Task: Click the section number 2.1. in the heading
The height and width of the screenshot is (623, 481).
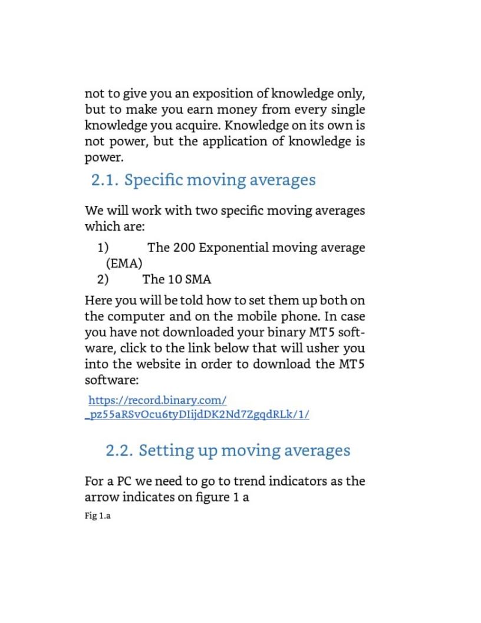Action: point(104,180)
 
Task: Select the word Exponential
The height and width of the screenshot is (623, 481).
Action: point(234,247)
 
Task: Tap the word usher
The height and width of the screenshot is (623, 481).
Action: point(325,347)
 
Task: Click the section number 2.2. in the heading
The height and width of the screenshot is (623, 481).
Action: point(118,451)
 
